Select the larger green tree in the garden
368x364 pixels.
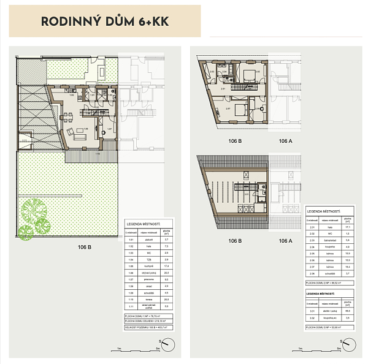(34, 211)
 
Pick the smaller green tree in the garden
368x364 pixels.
(25, 232)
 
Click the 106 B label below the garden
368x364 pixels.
(85, 248)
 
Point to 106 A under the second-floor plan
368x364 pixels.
(286, 141)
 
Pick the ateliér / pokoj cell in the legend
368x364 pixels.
(332, 312)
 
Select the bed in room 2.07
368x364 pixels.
(240, 110)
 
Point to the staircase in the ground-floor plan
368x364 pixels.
(105, 130)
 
